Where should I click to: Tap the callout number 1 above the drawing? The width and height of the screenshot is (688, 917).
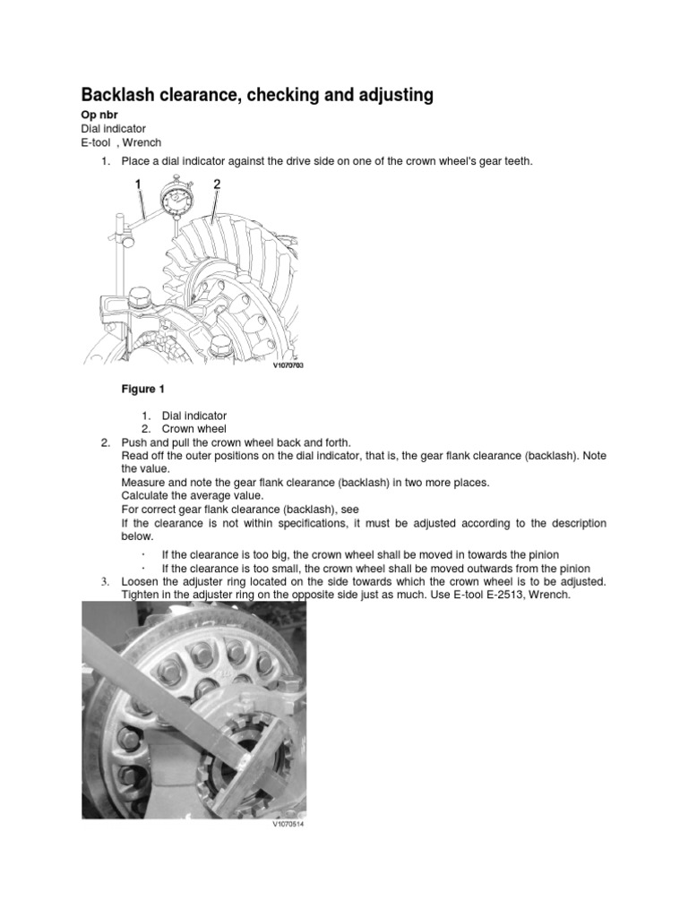138,184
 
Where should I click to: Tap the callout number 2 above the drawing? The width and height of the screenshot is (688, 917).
216,184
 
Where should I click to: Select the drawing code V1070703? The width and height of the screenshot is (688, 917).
288,365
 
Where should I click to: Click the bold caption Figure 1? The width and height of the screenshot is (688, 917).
143,390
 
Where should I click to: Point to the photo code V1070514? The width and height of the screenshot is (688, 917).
288,825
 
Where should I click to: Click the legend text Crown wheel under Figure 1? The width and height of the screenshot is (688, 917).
194,429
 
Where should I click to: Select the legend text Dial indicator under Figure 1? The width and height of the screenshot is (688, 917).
194,416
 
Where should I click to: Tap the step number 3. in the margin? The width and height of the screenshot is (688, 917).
103,581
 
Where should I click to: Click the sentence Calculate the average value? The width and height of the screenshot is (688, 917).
193,495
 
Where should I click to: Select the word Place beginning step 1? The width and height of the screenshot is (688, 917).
137,161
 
